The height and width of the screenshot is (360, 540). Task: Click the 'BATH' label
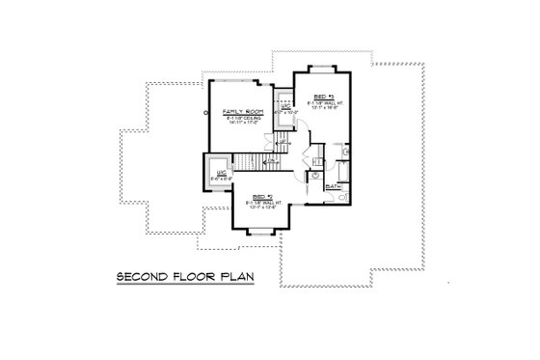333,185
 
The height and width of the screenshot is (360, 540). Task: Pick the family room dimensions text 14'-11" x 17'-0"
241,123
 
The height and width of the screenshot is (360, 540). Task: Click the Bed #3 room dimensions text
321,110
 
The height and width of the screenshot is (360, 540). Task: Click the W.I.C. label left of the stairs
220,173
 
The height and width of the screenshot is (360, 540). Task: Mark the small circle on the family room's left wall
204,112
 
